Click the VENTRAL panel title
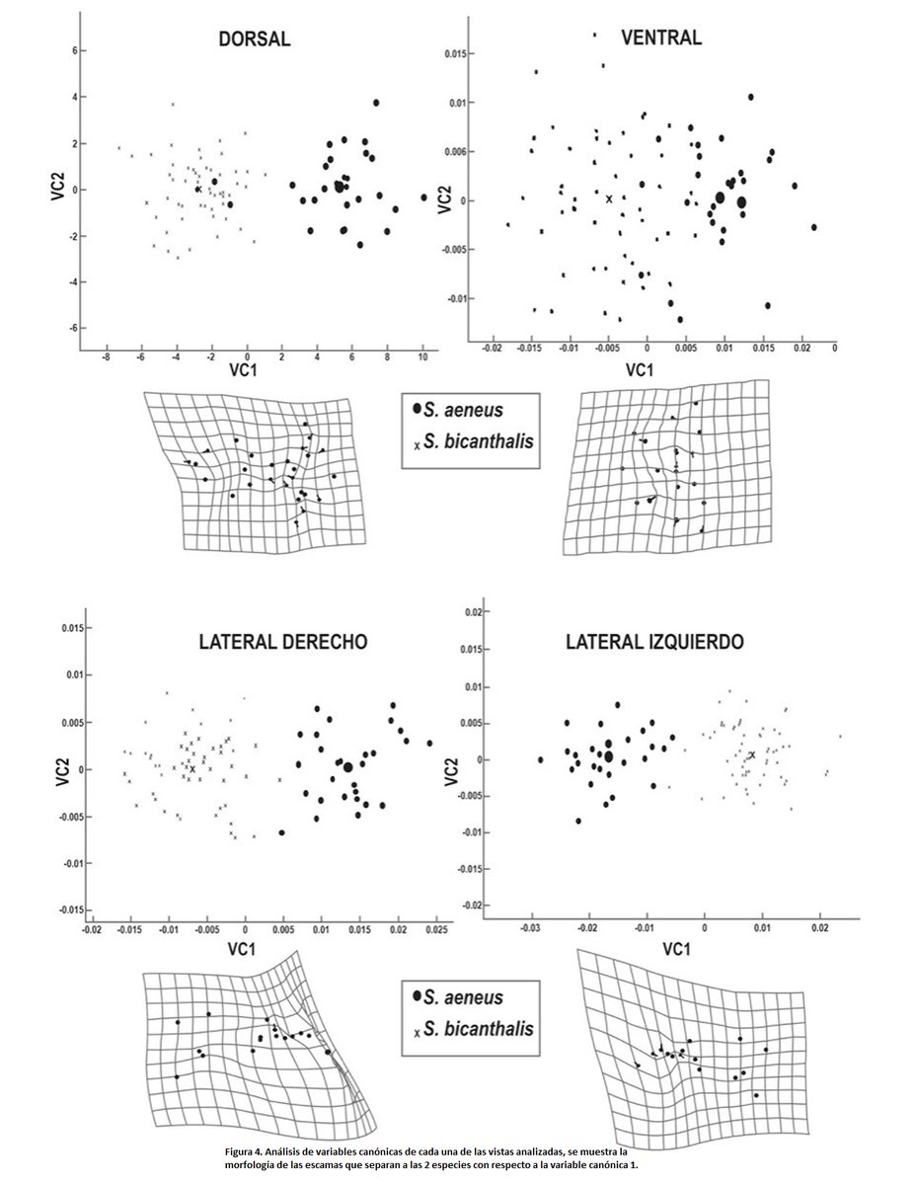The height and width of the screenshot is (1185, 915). point(661,39)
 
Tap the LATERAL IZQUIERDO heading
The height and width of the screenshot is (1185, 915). point(655,642)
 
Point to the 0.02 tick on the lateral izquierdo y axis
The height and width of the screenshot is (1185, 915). point(473,613)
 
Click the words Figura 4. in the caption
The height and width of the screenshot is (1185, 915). point(247,1151)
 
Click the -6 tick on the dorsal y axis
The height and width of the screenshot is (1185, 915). point(70,327)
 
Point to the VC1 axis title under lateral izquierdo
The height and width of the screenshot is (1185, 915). point(673,950)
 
